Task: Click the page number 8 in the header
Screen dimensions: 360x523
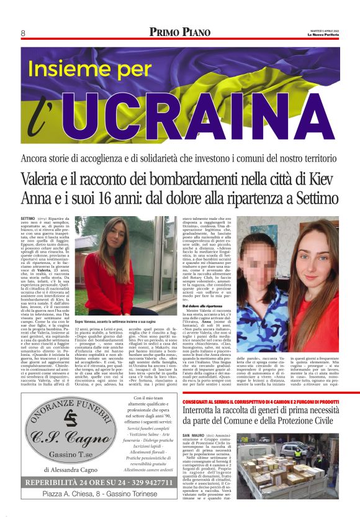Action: pos(23,32)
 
